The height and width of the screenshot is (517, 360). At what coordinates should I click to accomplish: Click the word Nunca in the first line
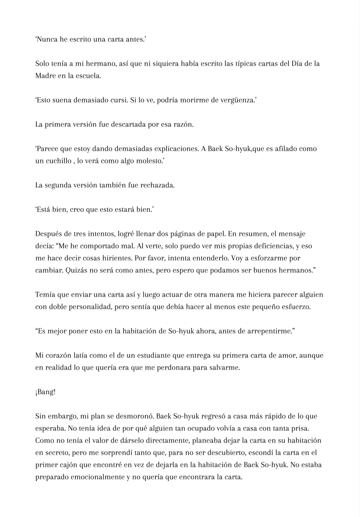(x=48, y=39)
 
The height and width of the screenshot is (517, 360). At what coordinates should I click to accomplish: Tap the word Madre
(x=45, y=76)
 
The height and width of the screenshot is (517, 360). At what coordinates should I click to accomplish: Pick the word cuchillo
(x=57, y=161)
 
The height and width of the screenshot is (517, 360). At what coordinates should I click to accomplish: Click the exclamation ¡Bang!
(x=45, y=392)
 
